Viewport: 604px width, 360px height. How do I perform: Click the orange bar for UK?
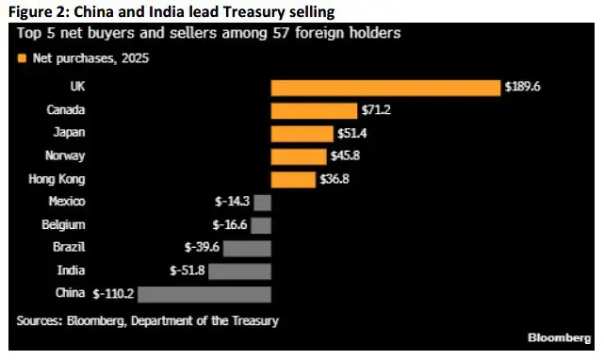(384, 88)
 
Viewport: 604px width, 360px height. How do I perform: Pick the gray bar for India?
(239, 270)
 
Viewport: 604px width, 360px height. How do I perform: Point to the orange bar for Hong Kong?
(294, 179)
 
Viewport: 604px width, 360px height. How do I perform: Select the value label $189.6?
(522, 88)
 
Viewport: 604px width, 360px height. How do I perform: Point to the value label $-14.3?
(232, 202)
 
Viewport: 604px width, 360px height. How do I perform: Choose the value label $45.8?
(346, 156)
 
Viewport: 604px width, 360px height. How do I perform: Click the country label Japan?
(70, 133)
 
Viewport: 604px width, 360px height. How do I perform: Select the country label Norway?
(66, 156)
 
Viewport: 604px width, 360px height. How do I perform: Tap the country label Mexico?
(67, 202)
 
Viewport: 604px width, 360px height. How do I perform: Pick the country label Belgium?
(65, 225)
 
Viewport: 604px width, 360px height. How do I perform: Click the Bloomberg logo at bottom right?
(560, 336)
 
